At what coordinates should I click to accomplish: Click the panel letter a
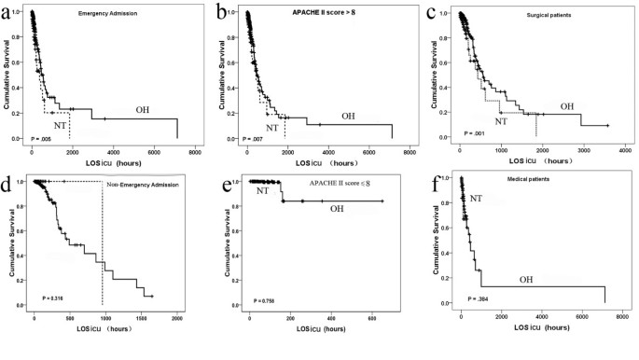[x=9, y=12]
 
